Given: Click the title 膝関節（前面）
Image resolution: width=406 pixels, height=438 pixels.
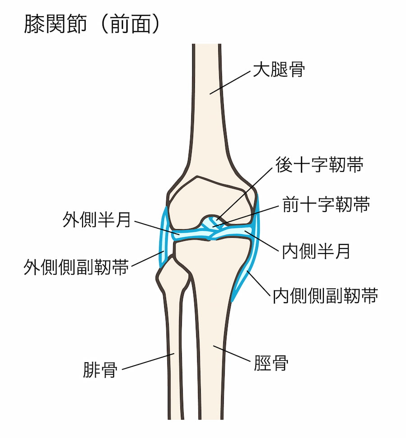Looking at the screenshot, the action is point(92,24).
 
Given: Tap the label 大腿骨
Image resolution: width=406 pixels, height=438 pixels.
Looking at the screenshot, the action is point(279,69).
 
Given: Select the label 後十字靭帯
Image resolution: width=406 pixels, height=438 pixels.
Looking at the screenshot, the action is point(320,165).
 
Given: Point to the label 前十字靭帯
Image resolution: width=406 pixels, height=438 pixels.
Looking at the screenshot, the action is point(326,204).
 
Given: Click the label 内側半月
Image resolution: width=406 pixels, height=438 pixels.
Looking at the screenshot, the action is point(316,251).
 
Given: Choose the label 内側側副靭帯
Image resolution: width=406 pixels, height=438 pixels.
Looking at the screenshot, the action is point(325,295).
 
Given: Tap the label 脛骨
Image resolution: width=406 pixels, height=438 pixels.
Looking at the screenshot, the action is point(271,363).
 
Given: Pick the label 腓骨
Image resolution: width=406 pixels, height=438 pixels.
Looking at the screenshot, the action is point(100,370).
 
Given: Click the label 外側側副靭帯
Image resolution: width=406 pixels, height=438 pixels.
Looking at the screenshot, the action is point(76,267).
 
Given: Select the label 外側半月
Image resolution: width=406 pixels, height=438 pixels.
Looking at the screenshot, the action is point(97,220).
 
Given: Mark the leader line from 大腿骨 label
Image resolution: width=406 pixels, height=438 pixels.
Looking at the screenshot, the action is point(230,83).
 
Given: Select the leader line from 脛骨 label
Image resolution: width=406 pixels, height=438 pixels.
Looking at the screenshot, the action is point(232,354).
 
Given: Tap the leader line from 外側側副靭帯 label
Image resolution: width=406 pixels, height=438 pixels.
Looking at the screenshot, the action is point(148,258).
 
